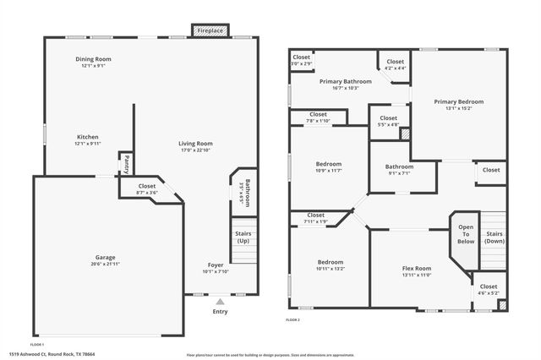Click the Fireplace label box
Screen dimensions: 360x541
tap(210, 30)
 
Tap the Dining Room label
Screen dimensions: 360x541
tap(94, 59)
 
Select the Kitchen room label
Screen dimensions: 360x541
tap(88, 137)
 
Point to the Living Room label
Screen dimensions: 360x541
tap(194, 144)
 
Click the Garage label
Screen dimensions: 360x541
tap(105, 257)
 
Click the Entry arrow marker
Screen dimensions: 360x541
tap(220, 300)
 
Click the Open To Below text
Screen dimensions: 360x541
tap(467, 234)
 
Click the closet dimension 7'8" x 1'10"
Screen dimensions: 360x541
tap(318, 121)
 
